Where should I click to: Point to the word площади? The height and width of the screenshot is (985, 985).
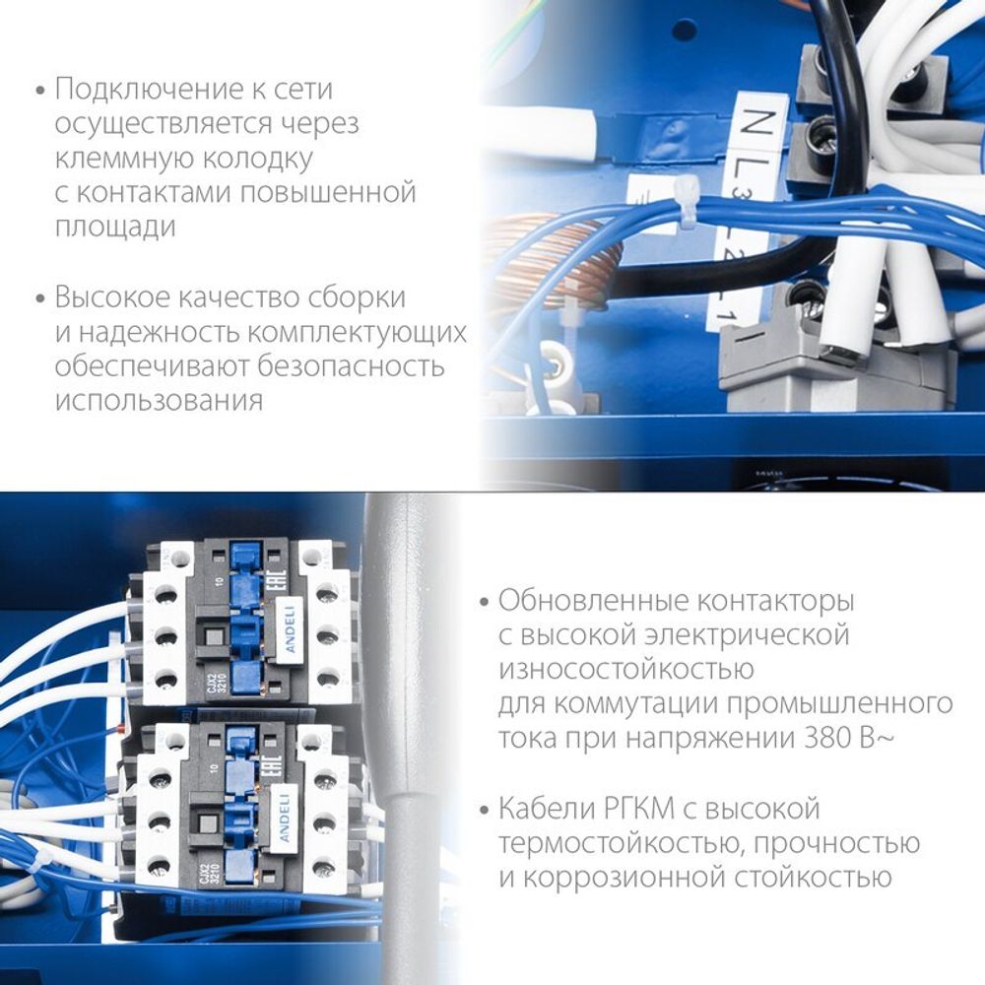pyautogui.click(x=115, y=228)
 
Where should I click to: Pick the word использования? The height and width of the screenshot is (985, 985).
pyautogui.click(x=159, y=400)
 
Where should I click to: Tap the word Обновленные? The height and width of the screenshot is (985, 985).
pyautogui.click(x=584, y=601)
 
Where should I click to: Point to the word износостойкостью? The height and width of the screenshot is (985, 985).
pyautogui.click(x=626, y=670)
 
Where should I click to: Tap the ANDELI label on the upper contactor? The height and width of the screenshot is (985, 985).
pyautogui.click(x=290, y=628)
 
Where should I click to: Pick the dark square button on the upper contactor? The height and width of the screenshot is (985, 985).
pyautogui.click(x=214, y=637)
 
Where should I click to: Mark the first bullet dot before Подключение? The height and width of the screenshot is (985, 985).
pyautogui.click(x=40, y=91)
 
